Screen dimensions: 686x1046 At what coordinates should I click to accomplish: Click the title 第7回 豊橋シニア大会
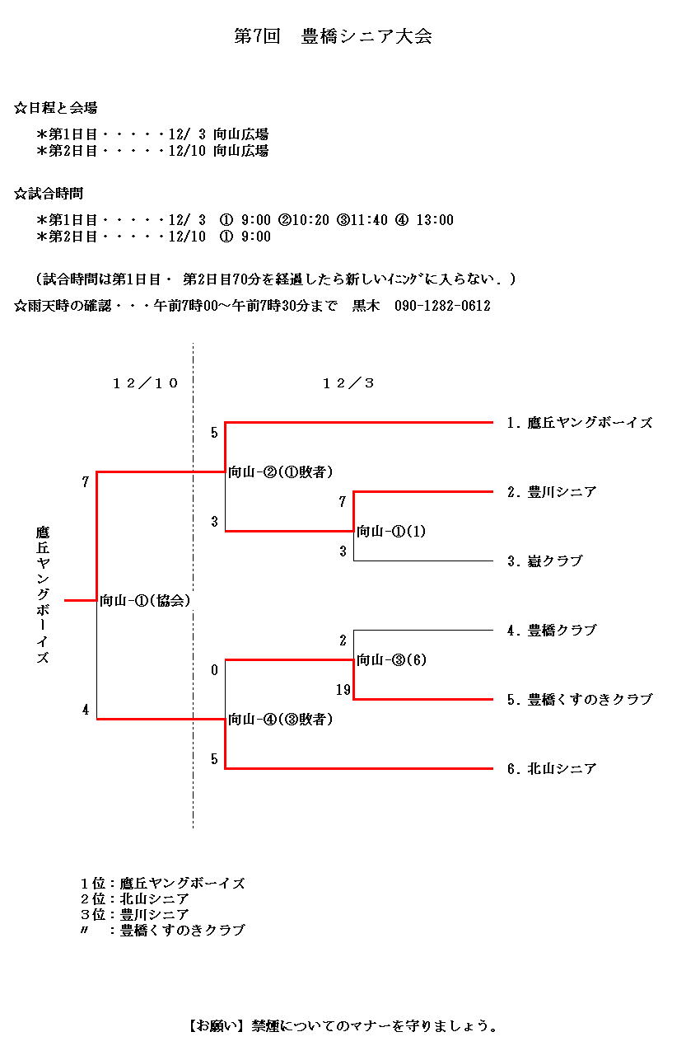[x=333, y=36]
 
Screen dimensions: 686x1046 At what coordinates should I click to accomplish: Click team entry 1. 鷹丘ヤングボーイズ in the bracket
[x=580, y=423]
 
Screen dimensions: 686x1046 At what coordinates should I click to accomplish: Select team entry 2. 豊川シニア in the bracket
[x=552, y=492]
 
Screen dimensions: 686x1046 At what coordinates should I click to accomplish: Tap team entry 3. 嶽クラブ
[x=545, y=561]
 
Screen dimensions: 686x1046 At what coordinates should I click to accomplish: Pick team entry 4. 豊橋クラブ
[x=552, y=631]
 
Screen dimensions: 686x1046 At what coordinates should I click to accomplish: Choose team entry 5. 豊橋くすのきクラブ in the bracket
[x=580, y=700]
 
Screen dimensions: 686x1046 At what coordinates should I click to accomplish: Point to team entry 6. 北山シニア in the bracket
[x=552, y=768]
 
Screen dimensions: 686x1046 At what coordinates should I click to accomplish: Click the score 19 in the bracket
[x=343, y=689]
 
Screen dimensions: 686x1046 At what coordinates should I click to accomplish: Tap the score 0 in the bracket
[x=214, y=670]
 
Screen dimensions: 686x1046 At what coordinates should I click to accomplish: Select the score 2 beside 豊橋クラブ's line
[x=343, y=640]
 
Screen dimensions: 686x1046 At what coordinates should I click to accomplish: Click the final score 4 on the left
[x=86, y=710]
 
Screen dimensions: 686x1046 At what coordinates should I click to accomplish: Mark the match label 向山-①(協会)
[x=145, y=601]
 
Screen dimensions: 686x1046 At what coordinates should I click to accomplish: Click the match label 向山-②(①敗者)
[x=281, y=472]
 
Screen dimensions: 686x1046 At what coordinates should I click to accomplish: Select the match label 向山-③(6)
[x=391, y=659]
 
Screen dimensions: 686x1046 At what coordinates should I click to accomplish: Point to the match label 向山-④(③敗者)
[x=281, y=720]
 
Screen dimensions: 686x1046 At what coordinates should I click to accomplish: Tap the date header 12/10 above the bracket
[x=145, y=383]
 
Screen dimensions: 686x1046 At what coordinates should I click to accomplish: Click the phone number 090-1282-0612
[x=442, y=306]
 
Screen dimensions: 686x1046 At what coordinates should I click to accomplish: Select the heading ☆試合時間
[x=49, y=194]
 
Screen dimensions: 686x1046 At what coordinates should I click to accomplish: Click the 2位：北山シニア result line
[x=134, y=899]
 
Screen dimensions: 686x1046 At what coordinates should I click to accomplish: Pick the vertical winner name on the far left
[x=43, y=594]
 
